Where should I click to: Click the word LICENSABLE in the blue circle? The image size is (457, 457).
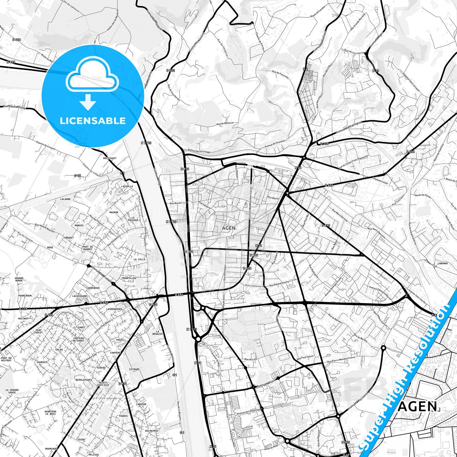click(93, 121)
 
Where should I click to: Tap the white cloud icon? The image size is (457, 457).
click(92, 77)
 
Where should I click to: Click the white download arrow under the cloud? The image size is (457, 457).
click(88, 102)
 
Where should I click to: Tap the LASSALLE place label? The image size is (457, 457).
click(127, 187)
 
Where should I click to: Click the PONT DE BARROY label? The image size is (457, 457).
click(88, 248)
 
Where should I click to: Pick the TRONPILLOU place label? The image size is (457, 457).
click(128, 278)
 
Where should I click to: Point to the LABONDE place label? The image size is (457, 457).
click(443, 263)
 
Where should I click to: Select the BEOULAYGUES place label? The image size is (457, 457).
click(84, 380)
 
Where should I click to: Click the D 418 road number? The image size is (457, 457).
click(16, 40)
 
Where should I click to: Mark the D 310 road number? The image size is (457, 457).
click(324, 144)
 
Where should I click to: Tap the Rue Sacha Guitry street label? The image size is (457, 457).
click(14, 107)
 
